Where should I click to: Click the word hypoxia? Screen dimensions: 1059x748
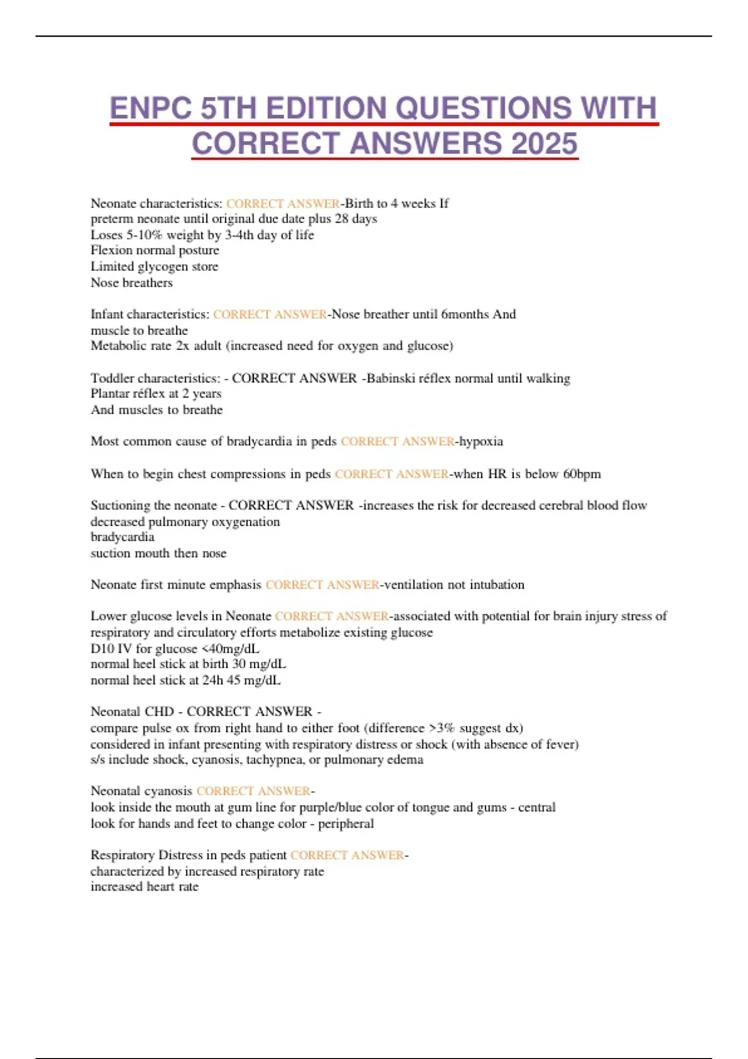481,441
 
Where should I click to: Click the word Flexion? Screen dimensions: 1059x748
112,250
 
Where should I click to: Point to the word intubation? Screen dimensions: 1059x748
497,584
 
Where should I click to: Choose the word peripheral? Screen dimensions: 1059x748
346,824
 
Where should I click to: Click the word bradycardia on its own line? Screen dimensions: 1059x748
122,537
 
